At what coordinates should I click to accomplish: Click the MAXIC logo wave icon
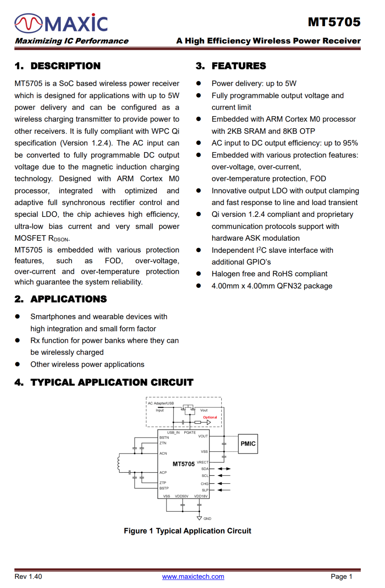(29, 23)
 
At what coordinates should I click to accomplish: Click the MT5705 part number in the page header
(334, 22)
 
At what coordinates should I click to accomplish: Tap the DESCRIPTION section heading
(65, 66)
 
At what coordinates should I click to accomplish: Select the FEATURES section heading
(238, 66)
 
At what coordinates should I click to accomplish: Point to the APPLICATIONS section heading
(68, 299)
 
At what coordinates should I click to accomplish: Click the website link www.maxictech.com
(193, 576)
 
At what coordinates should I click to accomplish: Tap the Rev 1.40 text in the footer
(28, 576)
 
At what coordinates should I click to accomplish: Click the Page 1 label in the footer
(341, 576)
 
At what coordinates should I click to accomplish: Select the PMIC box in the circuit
(248, 444)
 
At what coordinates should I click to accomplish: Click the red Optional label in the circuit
(210, 417)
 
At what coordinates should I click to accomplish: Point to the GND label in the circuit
(207, 519)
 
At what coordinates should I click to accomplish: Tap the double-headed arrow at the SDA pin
(224, 469)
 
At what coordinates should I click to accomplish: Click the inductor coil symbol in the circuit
(119, 463)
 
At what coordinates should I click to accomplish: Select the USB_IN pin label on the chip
(173, 433)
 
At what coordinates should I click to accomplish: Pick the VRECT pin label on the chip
(202, 462)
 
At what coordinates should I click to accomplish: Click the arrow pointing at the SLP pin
(224, 490)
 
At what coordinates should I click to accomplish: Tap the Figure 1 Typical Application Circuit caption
(188, 531)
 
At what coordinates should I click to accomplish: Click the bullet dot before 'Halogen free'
(199, 274)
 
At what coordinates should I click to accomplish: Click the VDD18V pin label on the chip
(201, 496)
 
